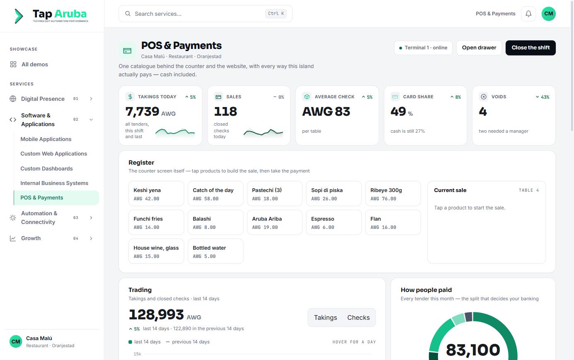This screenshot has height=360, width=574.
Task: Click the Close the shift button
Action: (x=530, y=48)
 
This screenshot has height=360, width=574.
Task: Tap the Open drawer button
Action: (x=479, y=48)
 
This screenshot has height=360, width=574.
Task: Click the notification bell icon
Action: (x=528, y=14)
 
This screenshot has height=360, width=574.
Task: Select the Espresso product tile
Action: (x=334, y=222)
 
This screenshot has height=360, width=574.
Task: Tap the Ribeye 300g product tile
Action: (x=393, y=194)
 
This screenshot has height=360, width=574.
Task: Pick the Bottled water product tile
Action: (x=215, y=251)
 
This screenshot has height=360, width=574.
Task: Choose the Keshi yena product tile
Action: (x=156, y=194)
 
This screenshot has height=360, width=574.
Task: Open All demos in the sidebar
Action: (x=34, y=64)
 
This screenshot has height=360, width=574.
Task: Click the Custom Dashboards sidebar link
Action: (x=47, y=168)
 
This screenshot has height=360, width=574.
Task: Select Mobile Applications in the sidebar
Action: (x=46, y=139)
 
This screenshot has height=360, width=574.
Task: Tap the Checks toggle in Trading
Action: (x=358, y=317)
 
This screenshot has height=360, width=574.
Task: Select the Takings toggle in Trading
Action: (x=325, y=317)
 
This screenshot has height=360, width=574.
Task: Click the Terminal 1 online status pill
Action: (x=423, y=48)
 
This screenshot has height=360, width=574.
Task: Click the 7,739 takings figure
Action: (x=142, y=112)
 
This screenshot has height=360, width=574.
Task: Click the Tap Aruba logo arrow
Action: (x=19, y=16)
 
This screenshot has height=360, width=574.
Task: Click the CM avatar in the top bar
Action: (x=548, y=14)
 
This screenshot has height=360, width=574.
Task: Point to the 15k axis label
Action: (x=137, y=354)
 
